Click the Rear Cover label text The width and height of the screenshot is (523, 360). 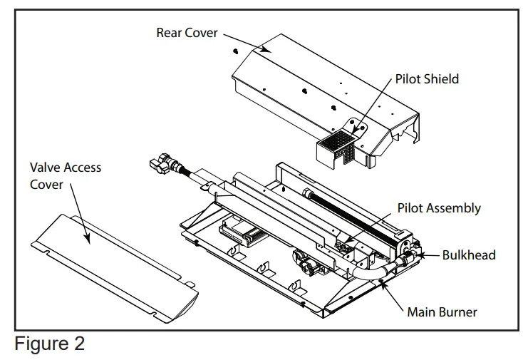click(x=187, y=33)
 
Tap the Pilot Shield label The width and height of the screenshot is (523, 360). click(x=427, y=78)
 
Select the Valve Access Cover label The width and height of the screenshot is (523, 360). click(x=65, y=176)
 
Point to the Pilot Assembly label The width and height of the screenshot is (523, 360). click(x=438, y=208)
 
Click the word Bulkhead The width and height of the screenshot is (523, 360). click(x=468, y=254)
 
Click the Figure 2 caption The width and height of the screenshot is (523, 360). click(x=49, y=344)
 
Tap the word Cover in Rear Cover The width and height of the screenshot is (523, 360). click(x=202, y=33)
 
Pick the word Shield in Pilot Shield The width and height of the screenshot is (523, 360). click(x=442, y=78)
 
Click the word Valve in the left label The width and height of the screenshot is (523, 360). click(x=45, y=168)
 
